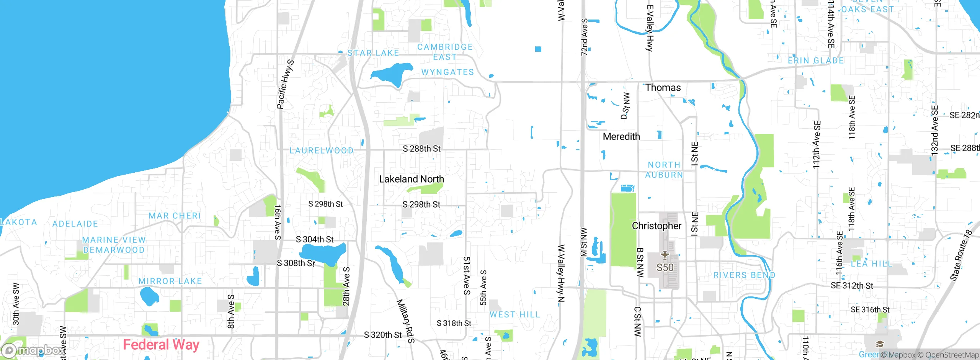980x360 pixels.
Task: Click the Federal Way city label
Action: pyautogui.click(x=161, y=345)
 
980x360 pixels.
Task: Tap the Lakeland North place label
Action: pyautogui.click(x=412, y=179)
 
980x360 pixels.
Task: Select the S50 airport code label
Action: pyautogui.click(x=665, y=267)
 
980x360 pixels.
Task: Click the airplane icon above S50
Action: pyautogui.click(x=665, y=255)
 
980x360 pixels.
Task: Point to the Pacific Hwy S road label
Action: pyautogui.click(x=285, y=84)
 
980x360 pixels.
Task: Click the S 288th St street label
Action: pyautogui.click(x=421, y=149)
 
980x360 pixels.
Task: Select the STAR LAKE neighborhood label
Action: pyautogui.click(x=373, y=53)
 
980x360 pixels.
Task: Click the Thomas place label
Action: pyautogui.click(x=663, y=88)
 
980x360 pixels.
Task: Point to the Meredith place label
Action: pyautogui.click(x=621, y=137)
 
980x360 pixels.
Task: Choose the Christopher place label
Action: pyautogui.click(x=657, y=226)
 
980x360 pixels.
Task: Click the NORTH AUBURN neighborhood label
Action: pyautogui.click(x=664, y=170)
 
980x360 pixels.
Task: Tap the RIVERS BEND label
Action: pyautogui.click(x=744, y=275)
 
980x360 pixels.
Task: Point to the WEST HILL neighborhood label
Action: pyautogui.click(x=514, y=315)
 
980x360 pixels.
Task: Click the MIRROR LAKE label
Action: pyautogui.click(x=170, y=281)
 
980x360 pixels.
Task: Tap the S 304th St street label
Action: pyautogui.click(x=315, y=240)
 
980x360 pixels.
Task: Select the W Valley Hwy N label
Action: pyautogui.click(x=561, y=273)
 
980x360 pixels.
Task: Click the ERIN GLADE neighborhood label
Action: pyautogui.click(x=815, y=61)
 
